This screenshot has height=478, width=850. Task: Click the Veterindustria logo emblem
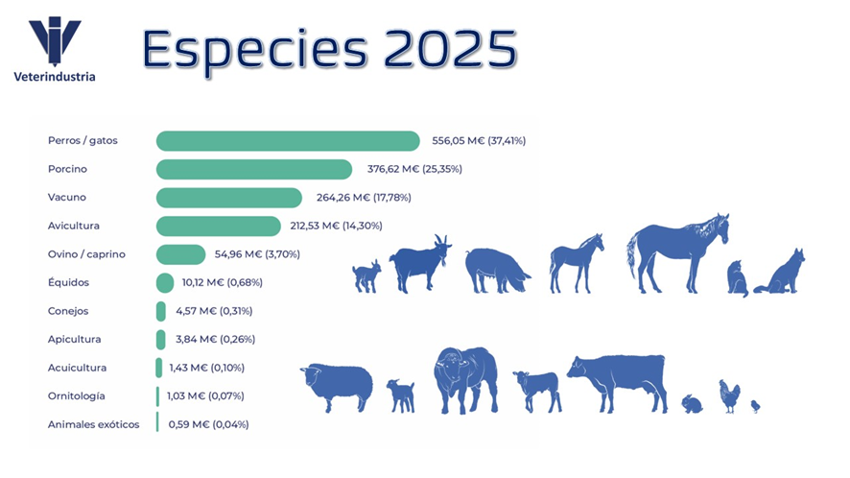point(55,41)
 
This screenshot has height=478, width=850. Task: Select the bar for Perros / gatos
point(288,141)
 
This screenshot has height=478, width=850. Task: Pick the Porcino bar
point(254,170)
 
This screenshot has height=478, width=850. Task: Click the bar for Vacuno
point(228,198)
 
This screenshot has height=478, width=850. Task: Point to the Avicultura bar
point(219,226)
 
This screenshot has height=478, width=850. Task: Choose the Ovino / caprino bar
point(180,254)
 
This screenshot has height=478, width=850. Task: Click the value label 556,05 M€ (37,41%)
point(479,141)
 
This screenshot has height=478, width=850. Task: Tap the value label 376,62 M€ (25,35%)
point(414,170)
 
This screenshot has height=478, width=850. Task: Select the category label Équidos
point(68,282)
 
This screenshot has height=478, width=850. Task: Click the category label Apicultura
point(74,339)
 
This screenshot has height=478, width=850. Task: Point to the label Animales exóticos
point(93,424)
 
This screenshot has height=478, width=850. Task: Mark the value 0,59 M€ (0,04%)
point(208,424)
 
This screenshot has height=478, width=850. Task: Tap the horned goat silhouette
point(419,263)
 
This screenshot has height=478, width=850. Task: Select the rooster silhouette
point(730,395)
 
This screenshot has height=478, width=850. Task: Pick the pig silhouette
point(496,269)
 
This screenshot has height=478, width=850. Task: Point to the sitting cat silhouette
point(737,278)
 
